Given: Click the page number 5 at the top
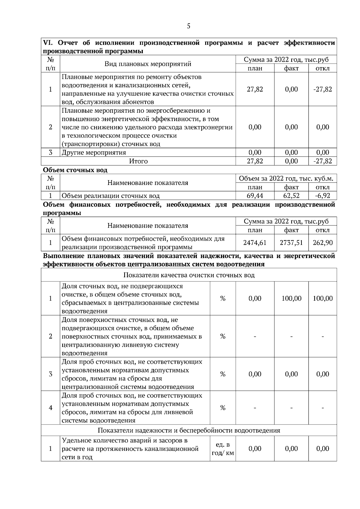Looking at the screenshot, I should [188, 26].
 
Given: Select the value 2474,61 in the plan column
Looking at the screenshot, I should [255, 243].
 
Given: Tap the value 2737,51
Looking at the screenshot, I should [291, 243].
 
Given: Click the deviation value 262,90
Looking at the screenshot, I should [322, 243].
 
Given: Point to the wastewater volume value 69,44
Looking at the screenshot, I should [255, 196].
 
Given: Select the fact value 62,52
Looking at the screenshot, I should [291, 196].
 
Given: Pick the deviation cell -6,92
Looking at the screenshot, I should [322, 196].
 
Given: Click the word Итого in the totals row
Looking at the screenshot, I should [138, 161].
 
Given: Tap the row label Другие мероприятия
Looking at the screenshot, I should [94, 153].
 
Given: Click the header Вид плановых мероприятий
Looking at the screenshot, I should [148, 64].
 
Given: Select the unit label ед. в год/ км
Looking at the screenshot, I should [223, 449].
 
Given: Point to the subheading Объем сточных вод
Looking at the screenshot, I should [75, 170].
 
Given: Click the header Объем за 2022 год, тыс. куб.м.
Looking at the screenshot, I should [286, 179].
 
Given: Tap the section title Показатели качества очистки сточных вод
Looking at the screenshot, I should [189, 275].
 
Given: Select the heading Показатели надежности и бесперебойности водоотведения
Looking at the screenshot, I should [189, 430].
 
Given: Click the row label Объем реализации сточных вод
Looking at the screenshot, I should [110, 196].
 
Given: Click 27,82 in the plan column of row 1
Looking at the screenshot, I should [255, 89].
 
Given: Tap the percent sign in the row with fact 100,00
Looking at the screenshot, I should [223, 299].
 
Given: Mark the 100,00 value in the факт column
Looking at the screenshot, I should [291, 299].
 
